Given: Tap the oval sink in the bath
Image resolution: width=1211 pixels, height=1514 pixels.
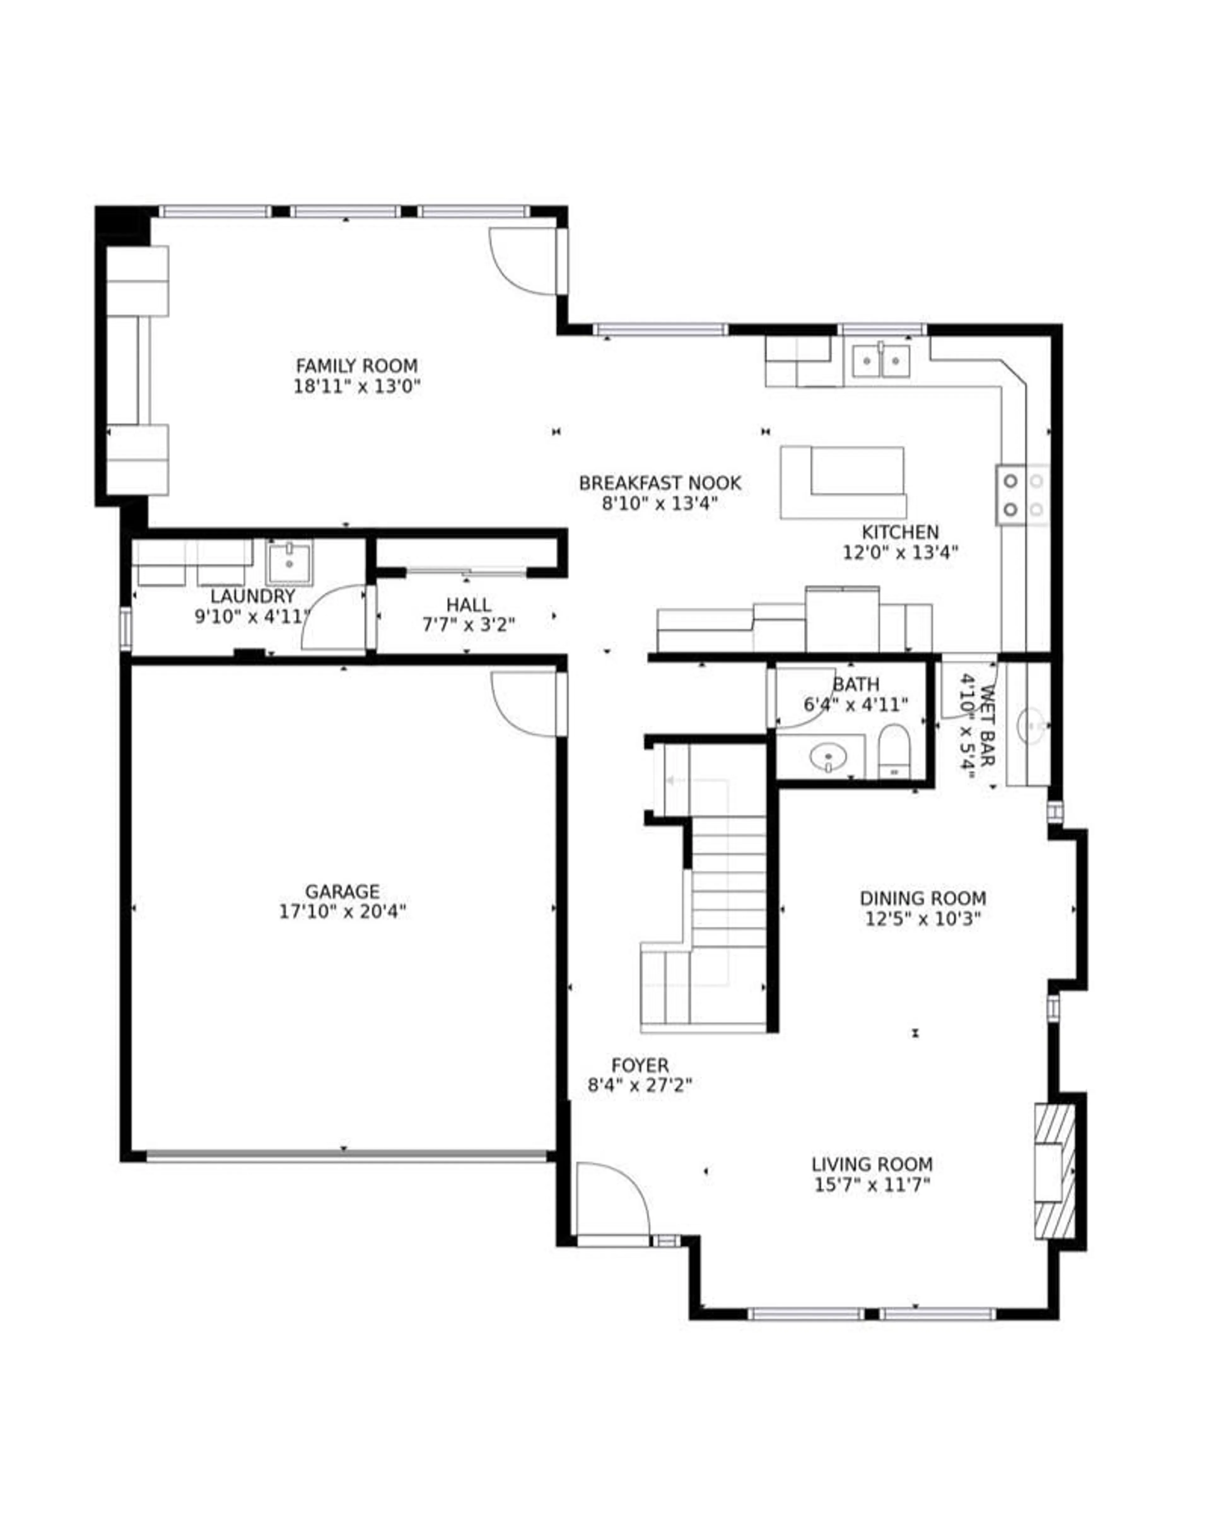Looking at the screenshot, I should tap(828, 757).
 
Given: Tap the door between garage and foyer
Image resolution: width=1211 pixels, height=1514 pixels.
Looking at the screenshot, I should tap(527, 702).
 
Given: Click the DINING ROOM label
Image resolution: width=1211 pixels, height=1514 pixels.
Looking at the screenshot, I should tap(922, 898).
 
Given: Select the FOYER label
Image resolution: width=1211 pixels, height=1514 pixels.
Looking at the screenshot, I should tap(640, 1065).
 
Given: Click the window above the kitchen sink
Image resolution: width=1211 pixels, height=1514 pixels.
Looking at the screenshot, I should tap(882, 329).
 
